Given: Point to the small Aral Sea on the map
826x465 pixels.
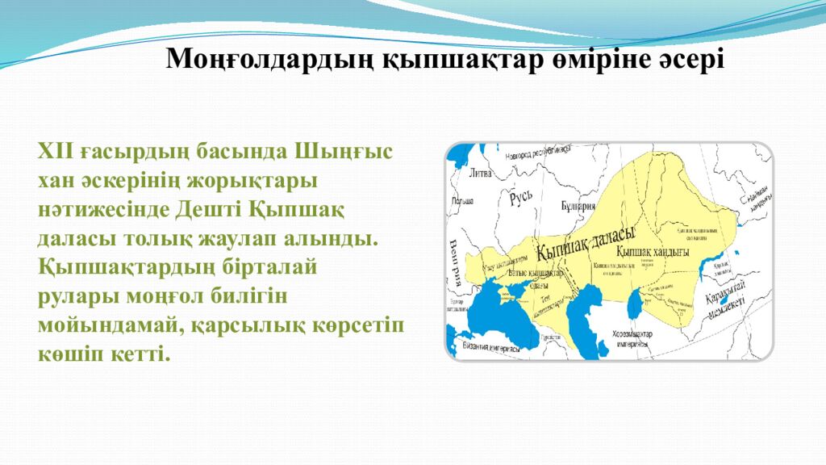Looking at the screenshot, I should pyautogui.click(x=635, y=304).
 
